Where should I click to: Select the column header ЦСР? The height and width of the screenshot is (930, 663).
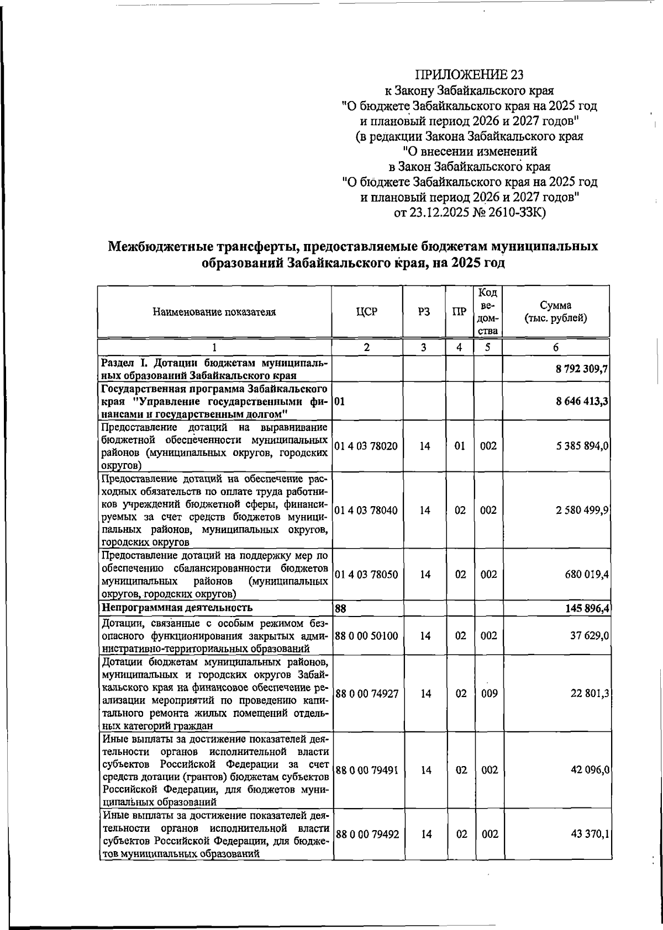367,312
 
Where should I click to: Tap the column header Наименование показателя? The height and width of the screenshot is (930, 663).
214,312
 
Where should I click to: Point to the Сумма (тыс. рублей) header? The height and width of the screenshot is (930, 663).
556,312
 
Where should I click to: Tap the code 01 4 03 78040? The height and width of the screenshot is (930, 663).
366,511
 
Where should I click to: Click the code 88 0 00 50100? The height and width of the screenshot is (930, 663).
366,636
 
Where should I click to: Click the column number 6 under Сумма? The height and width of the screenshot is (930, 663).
556,347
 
